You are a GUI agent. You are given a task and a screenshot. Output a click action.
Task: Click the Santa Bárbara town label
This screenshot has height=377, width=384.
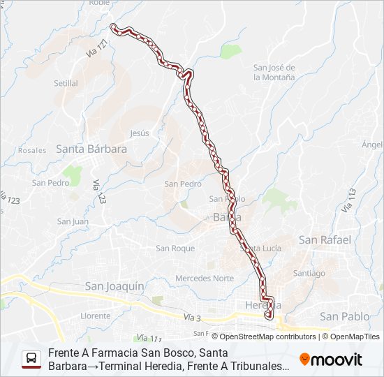click(91, 149)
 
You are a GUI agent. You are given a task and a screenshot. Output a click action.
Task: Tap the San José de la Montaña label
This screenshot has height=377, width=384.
click(274, 73)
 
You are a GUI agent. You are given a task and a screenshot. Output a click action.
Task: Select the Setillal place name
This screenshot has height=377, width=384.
click(66, 83)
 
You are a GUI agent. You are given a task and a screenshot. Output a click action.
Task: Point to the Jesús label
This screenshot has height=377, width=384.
click(140, 133)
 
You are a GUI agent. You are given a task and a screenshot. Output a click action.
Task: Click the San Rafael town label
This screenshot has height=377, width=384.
click(325, 239)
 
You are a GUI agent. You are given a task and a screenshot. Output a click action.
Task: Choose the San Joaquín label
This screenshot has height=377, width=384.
click(114, 286)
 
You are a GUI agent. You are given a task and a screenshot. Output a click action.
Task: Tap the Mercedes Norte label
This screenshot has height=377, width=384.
click(205, 278)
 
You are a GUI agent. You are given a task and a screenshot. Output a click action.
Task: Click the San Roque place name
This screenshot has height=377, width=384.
click(175, 248)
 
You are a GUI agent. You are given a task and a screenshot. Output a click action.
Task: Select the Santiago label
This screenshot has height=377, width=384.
click(309, 273)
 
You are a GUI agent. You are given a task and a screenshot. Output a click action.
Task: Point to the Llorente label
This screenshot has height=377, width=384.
click(95, 316)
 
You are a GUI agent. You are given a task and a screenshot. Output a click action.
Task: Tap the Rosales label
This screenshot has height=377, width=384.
click(32, 150)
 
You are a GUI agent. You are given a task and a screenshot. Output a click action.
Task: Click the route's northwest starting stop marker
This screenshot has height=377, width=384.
click(114, 27)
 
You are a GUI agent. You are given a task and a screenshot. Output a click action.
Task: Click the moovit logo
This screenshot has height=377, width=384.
click(331, 360)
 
